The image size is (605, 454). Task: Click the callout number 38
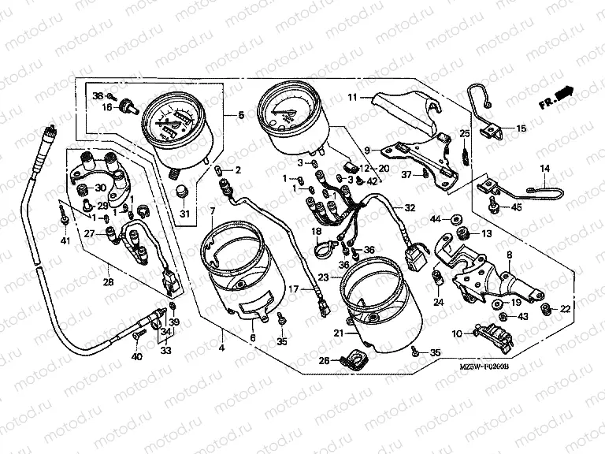[98, 95]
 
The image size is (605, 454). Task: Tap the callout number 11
[354, 97]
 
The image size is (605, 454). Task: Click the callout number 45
[517, 208]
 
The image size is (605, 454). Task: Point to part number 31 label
[184, 214]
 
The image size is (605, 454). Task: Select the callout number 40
[136, 357]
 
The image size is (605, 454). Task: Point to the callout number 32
[409, 208]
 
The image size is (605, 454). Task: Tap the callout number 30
[100, 188]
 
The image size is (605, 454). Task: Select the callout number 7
[212, 210]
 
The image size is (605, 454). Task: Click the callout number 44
[435, 217]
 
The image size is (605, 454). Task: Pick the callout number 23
[324, 277]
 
